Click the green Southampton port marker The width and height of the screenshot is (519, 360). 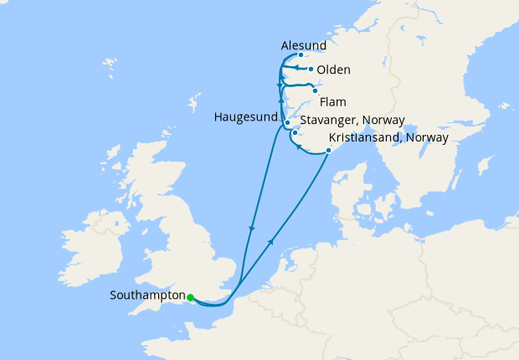coord(191,297)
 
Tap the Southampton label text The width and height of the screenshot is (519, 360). coord(147,296)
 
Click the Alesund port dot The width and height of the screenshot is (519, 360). coord(301,55)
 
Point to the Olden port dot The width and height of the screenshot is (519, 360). coord(311,69)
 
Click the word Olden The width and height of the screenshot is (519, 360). coord(334,69)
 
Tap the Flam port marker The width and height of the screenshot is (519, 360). coord(315,90)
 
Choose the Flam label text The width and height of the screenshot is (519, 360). coord(332,102)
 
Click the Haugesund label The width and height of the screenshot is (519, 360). coord(244,117)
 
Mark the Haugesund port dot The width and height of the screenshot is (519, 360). coord(287,123)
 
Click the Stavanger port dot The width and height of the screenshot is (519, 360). coord(295,132)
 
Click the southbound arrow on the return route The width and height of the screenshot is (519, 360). coord(252,228)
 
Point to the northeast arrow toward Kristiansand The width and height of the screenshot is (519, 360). coord(271,240)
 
